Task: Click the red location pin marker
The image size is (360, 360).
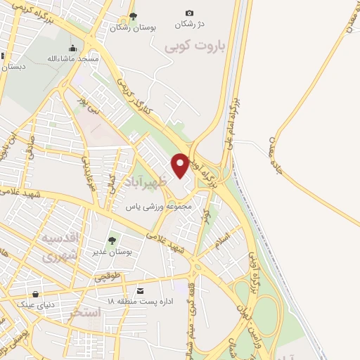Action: click(x=180, y=165)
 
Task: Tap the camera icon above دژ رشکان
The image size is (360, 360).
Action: click(x=188, y=13)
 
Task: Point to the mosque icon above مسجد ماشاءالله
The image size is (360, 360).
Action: click(x=73, y=49)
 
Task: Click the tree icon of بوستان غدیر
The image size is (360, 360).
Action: click(x=113, y=240)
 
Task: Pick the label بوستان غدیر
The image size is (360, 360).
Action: click(x=113, y=251)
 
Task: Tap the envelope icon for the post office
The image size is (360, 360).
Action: click(x=141, y=291)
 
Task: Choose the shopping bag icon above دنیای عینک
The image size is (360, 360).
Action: click(x=35, y=295)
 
